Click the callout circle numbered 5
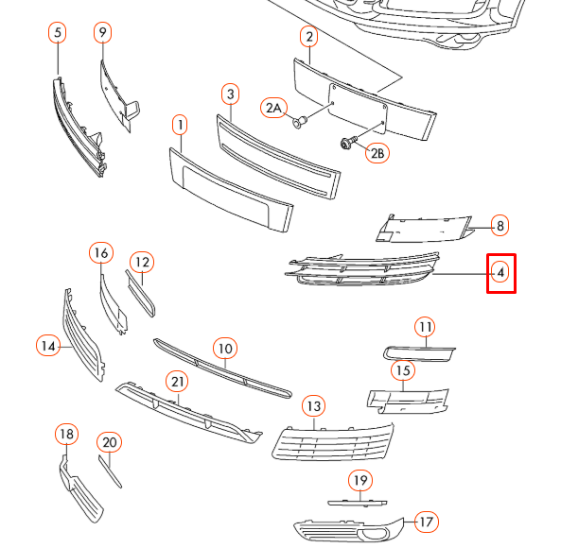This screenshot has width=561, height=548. click(x=59, y=33)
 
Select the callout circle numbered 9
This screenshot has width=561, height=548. click(x=102, y=33)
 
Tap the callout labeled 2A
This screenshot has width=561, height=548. click(x=274, y=110)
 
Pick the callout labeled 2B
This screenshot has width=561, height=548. click(x=377, y=152)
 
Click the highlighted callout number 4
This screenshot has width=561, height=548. click(x=500, y=273)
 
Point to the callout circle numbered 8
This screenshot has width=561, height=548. click(x=500, y=225)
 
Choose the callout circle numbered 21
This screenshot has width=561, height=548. click(x=177, y=381)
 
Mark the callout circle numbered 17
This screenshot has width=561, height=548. click(x=427, y=521)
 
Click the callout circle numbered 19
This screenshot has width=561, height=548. click(x=359, y=480)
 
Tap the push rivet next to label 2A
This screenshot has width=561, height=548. click(x=302, y=121)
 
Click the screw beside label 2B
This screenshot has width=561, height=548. click(x=347, y=144)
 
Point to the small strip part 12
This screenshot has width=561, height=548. click(x=142, y=294)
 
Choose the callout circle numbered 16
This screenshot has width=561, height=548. click(x=101, y=252)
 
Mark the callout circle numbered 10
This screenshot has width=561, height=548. click(x=223, y=348)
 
